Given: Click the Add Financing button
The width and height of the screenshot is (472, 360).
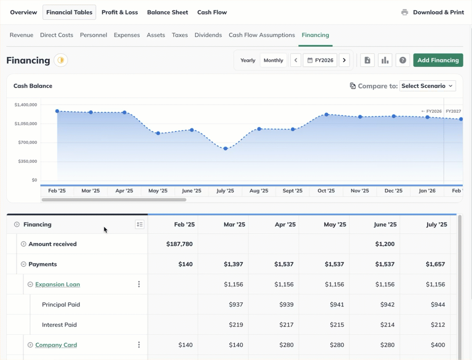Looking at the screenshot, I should click(438, 60).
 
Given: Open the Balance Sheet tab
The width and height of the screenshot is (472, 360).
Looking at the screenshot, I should click(167, 12).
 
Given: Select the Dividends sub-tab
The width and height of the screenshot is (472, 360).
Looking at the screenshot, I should click(208, 35).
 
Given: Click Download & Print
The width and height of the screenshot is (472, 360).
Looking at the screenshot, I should click(433, 12).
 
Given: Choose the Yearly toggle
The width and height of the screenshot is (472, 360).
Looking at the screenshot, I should click(248, 60).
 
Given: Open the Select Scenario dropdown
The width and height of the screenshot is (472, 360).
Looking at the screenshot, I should click(427, 86).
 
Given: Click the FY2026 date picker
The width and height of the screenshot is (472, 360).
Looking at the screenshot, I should click(320, 60).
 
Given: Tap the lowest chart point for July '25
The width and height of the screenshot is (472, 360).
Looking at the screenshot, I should click(225, 148).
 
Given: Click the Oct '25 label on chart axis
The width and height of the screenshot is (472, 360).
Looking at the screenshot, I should click(326, 191).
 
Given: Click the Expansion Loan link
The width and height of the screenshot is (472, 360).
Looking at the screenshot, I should click(58, 284).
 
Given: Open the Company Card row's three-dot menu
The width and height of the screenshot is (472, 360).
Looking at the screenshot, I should click(139, 345).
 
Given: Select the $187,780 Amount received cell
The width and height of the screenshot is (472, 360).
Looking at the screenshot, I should click(180, 244).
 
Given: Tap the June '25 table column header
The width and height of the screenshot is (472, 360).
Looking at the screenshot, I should click(385, 225).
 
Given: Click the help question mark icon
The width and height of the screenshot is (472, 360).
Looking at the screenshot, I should click(403, 60).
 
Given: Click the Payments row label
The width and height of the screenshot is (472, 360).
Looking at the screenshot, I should click(42, 264).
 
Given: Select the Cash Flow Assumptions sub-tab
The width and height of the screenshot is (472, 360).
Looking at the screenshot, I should click(262, 35).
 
